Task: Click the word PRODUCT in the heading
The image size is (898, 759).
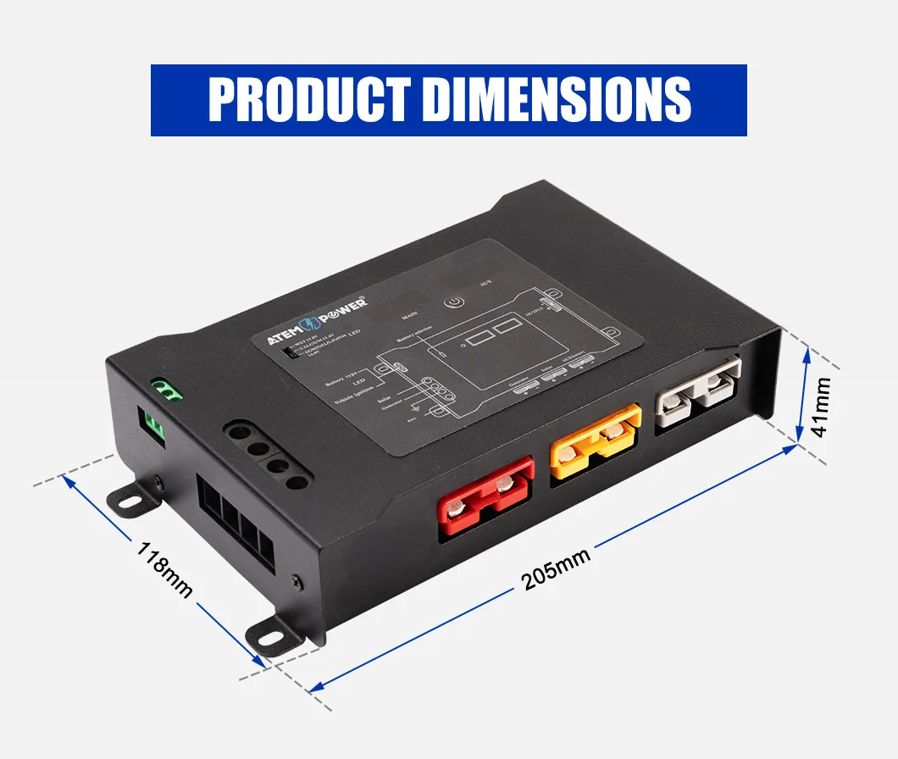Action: click(x=309, y=100)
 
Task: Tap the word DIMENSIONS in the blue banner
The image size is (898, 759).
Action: click(x=556, y=100)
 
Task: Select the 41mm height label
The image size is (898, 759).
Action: click(x=821, y=407)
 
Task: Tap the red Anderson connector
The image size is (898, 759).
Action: click(x=485, y=499)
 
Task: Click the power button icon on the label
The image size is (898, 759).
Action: click(x=455, y=302)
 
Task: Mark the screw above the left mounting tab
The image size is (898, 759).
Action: click(x=160, y=483)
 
